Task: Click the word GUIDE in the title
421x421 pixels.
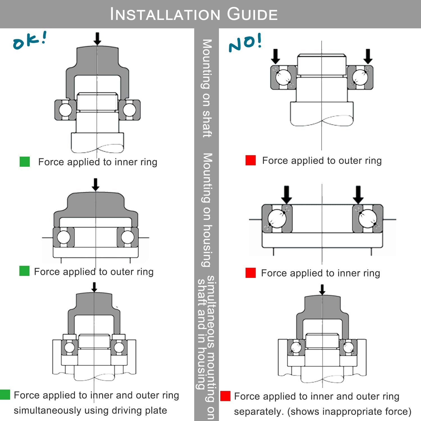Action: [x=252, y=14]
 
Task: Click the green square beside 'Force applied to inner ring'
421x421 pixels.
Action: [x=25, y=162]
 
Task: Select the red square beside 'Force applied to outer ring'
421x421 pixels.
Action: [x=250, y=160]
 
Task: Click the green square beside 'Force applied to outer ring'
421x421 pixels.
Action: [x=24, y=271]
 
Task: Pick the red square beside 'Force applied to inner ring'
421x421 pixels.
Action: [x=250, y=273]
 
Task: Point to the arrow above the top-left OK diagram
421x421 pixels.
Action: [x=97, y=39]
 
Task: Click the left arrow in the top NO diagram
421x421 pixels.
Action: [x=276, y=56]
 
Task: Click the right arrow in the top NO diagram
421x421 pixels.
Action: [x=368, y=56]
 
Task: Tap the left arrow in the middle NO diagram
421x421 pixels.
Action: [x=286, y=194]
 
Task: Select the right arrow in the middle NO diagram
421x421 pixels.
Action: [x=358, y=194]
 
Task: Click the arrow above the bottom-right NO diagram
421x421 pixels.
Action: [x=322, y=289]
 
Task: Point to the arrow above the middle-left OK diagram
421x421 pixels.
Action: [x=95, y=185]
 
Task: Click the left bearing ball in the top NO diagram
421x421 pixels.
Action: [x=283, y=77]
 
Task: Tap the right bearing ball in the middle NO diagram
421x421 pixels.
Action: [x=367, y=219]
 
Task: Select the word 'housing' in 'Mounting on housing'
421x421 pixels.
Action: [x=207, y=246]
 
